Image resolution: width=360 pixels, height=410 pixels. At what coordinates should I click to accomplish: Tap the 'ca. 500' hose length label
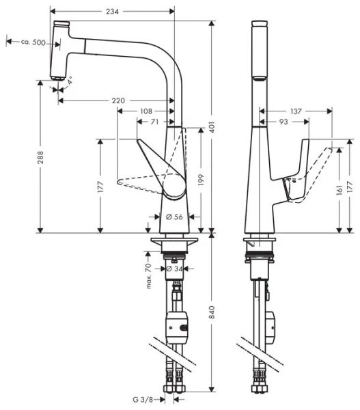point(33,42)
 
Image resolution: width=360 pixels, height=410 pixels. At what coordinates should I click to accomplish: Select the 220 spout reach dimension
point(117,101)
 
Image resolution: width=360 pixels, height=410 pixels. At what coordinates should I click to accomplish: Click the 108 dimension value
point(146,111)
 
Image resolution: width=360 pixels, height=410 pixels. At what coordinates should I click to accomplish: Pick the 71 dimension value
point(154,122)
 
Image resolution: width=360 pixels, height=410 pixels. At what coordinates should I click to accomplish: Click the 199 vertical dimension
point(201,178)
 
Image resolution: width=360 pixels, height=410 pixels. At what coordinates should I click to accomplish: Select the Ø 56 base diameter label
point(174,217)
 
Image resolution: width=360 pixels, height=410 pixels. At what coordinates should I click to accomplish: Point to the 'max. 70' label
point(148,275)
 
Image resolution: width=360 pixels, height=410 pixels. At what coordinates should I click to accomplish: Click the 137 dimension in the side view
point(296,111)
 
